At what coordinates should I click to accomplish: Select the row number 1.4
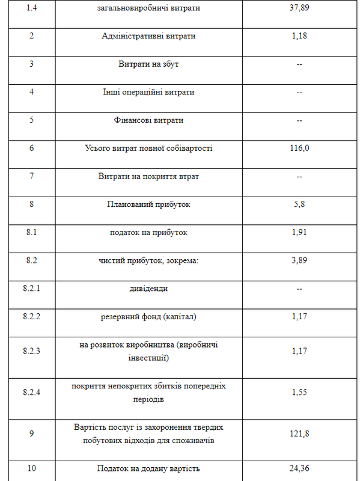[x=31, y=8]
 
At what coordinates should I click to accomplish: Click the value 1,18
[x=299, y=36]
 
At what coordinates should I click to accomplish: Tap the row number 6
[x=31, y=149]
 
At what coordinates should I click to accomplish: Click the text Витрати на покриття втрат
[x=148, y=177]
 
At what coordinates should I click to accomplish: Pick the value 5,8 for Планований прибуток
[x=299, y=204]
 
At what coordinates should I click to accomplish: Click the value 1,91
[x=299, y=233]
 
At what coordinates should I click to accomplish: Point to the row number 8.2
[x=31, y=261]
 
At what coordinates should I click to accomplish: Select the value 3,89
[x=299, y=261]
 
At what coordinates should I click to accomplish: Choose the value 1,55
[x=299, y=392]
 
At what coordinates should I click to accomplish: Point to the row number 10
[x=31, y=468]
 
